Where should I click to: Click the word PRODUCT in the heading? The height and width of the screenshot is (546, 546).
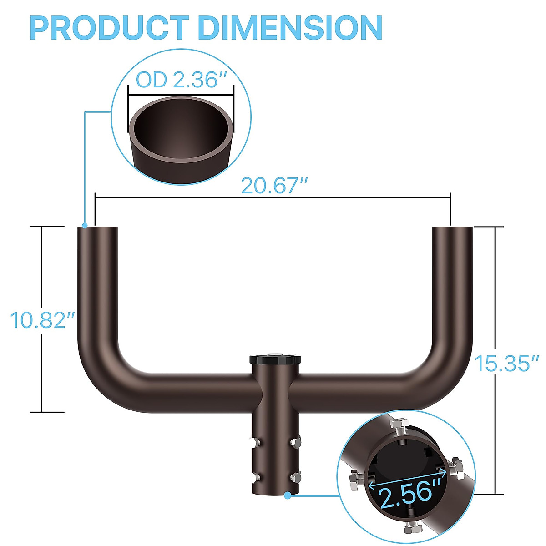pyautogui.click(x=109, y=28)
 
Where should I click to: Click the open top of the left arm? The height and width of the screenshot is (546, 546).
pyautogui.click(x=98, y=227)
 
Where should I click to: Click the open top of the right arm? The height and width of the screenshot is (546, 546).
pyautogui.click(x=452, y=227)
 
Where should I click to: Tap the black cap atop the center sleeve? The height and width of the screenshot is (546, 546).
pyautogui.click(x=275, y=359)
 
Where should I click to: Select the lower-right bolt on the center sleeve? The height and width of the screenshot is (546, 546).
pyautogui.click(x=296, y=477)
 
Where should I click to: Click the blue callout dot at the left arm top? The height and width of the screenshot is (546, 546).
pyautogui.click(x=85, y=225)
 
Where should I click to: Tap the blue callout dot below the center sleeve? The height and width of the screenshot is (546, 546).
pyautogui.click(x=288, y=495)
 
